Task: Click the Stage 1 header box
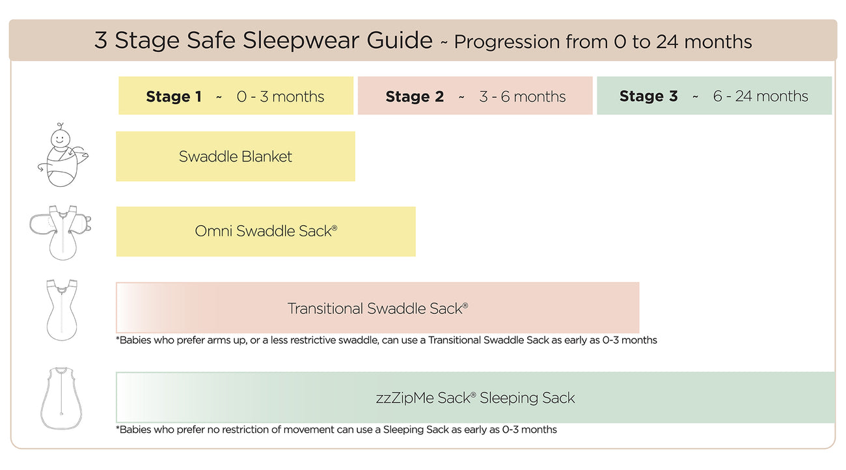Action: tap(236, 96)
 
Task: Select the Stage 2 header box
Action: tap(475, 96)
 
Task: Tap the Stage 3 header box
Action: tap(714, 96)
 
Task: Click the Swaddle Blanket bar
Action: tap(236, 156)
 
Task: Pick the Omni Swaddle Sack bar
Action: tap(266, 232)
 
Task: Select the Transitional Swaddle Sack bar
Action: tap(377, 307)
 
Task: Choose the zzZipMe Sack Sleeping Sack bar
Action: tap(476, 398)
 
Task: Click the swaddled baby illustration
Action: tap(62, 155)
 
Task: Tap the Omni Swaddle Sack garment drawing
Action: tap(61, 232)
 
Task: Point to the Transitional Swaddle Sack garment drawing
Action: tap(62, 310)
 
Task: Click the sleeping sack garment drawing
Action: tap(61, 398)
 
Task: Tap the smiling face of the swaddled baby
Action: tap(61, 138)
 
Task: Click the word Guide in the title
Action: tap(400, 40)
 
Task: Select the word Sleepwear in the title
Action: tap(301, 41)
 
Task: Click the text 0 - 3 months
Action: tap(280, 97)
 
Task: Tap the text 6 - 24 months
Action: tap(760, 96)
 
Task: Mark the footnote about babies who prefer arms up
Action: tap(387, 340)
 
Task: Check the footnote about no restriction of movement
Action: tap(336, 430)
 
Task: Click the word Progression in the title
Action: tap(506, 42)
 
